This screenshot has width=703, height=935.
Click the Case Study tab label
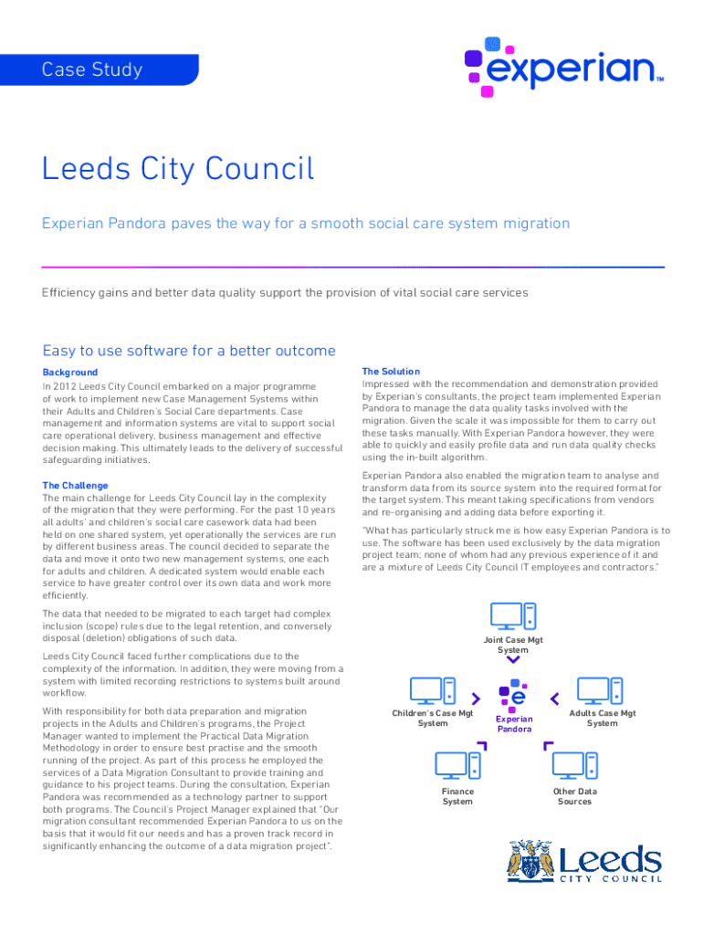click(92, 69)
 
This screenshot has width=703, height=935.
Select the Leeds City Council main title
click(178, 169)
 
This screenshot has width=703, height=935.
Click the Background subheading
click(70, 373)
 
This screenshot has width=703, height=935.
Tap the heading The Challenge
click(76, 485)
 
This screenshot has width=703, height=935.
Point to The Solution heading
click(391, 372)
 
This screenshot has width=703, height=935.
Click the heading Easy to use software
click(189, 351)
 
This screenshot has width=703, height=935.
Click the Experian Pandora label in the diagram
click(514, 724)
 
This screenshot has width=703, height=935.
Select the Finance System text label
click(457, 796)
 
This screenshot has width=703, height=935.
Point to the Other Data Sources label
click(574, 796)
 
